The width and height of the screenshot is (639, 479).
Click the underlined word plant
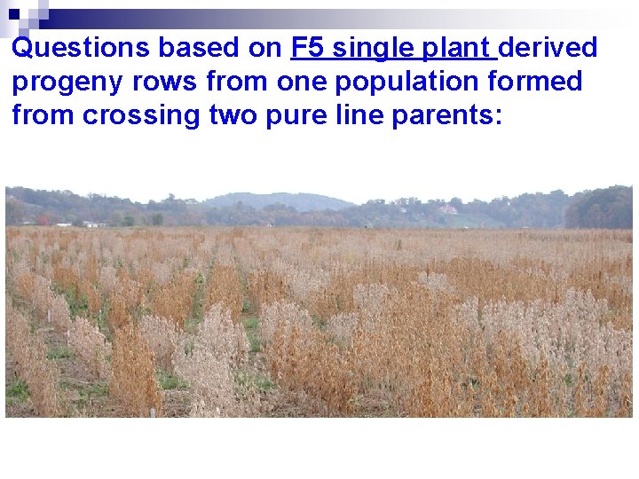tap(457, 48)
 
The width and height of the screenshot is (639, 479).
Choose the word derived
tap(548, 48)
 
